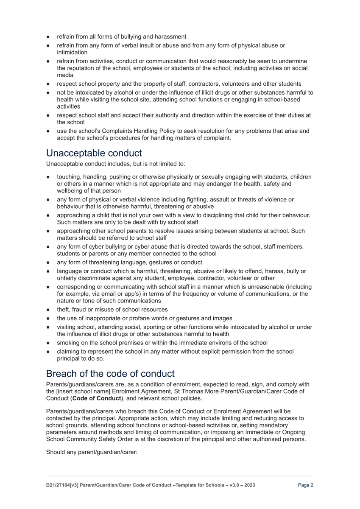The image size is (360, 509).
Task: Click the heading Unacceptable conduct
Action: pyautogui.click(x=94, y=152)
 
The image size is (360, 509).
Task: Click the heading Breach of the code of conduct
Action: pyautogui.click(x=110, y=374)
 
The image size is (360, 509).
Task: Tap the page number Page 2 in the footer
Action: pyautogui.click(x=306, y=485)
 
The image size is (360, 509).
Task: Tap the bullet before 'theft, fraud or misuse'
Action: pyautogui.click(x=49, y=310)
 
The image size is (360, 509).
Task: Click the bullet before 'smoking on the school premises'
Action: pyautogui.click(x=49, y=343)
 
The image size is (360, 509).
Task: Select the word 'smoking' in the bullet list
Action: pyautogui.click(x=68, y=343)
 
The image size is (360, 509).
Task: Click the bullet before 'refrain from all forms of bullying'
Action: pyautogui.click(x=49, y=37)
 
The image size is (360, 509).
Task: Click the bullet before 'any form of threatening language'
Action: pyautogui.click(x=49, y=263)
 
